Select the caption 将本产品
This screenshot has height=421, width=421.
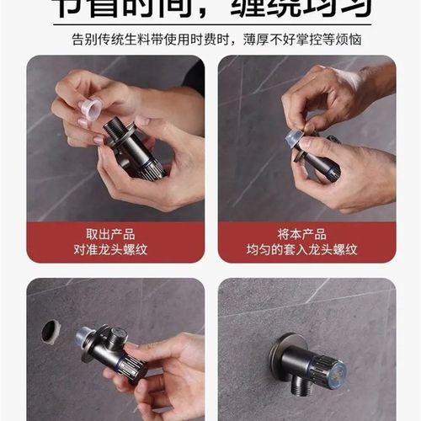pyautogui.click(x=306, y=233)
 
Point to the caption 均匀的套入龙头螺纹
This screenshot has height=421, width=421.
pyautogui.click(x=306, y=249)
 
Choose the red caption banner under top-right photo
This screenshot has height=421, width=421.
pyautogui.click(x=306, y=242)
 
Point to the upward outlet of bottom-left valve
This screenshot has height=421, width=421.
pyautogui.click(x=120, y=334)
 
